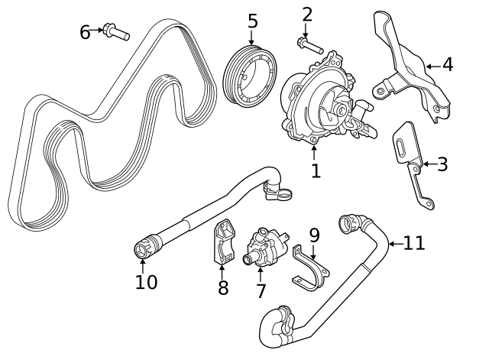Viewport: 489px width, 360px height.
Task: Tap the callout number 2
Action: pos(307,15)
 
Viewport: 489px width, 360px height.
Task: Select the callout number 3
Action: pos(442,164)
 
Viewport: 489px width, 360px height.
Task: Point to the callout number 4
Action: pos(447,65)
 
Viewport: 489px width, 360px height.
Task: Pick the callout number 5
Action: pos(253,21)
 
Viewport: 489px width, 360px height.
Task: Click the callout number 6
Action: pos(86,31)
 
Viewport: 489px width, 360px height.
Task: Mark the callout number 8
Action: pos(222,287)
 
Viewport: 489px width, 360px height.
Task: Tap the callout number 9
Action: pos(313,235)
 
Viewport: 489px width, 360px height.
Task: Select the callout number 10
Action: pos(146,282)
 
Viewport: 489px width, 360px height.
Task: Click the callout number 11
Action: pos(413,243)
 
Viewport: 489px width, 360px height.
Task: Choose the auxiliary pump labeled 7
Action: pos(264,248)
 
